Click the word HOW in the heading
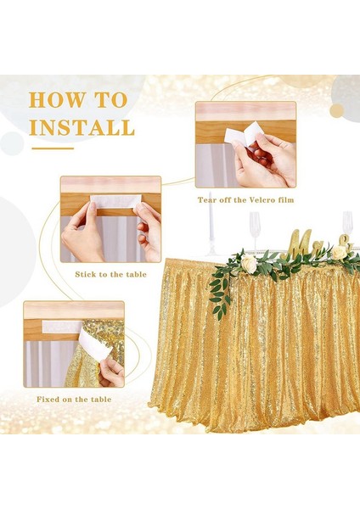pyautogui.click(x=56, y=99)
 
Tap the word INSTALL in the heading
pyautogui.click(x=82, y=127)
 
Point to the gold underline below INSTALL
pyautogui.click(x=53, y=148)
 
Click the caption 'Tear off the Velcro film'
pyautogui.click(x=245, y=200)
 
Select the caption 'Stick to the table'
pyautogui.click(x=110, y=275)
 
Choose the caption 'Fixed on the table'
pyautogui.click(x=74, y=400)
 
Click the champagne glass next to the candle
pyautogui.click(x=255, y=230)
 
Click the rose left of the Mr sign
pyautogui.click(x=249, y=264)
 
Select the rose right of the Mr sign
pyautogui.click(x=339, y=253)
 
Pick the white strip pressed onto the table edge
pyautogui.click(x=115, y=201)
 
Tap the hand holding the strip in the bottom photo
pyautogui.click(x=111, y=372)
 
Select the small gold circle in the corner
pyautogui.click(x=336, y=111)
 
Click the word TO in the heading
pyautogui.click(x=110, y=99)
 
